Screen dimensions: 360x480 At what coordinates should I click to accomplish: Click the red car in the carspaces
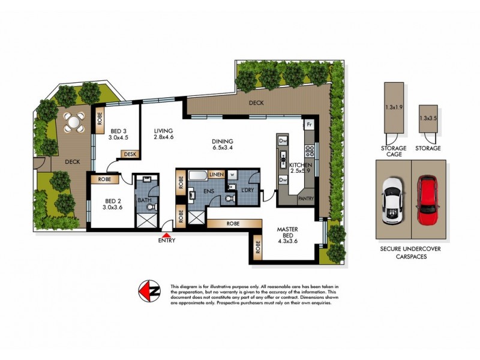pos(428,195)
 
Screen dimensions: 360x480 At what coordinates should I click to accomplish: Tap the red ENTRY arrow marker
pos(167,235)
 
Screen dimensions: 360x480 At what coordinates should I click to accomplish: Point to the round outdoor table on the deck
pos(74,122)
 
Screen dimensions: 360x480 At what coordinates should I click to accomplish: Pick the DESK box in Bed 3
pos(130,154)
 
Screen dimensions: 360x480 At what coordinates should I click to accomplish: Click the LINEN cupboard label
pos(217,175)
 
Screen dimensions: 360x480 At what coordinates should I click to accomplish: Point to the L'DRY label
pos(248,190)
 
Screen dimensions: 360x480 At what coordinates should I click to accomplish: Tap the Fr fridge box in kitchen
pos(310,124)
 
